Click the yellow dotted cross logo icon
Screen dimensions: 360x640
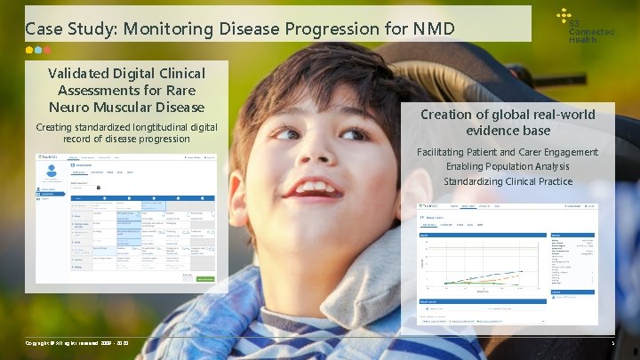pos(562,15)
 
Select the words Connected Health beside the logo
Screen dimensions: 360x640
pos(591,33)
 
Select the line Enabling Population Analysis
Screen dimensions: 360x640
pos(508,166)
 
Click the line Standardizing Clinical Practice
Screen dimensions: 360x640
pos(508,181)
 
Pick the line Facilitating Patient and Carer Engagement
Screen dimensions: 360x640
pos(508,152)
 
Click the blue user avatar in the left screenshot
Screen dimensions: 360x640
pos(52,170)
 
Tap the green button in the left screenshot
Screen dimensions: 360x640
pos(205,280)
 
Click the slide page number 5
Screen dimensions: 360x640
pos(612,342)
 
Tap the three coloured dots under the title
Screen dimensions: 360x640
pos(38,51)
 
